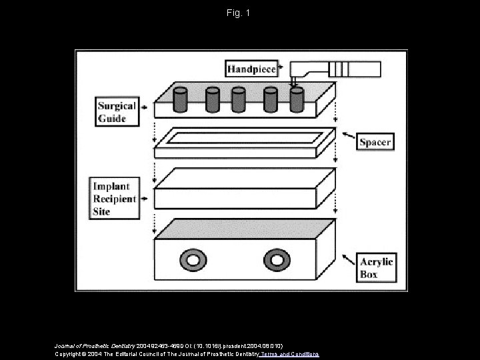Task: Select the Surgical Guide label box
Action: pos(117,112)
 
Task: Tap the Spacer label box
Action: pos(375,141)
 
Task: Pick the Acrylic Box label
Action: pos(377,267)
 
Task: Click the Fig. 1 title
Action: pos(239,13)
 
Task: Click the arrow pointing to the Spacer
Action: pos(348,137)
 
